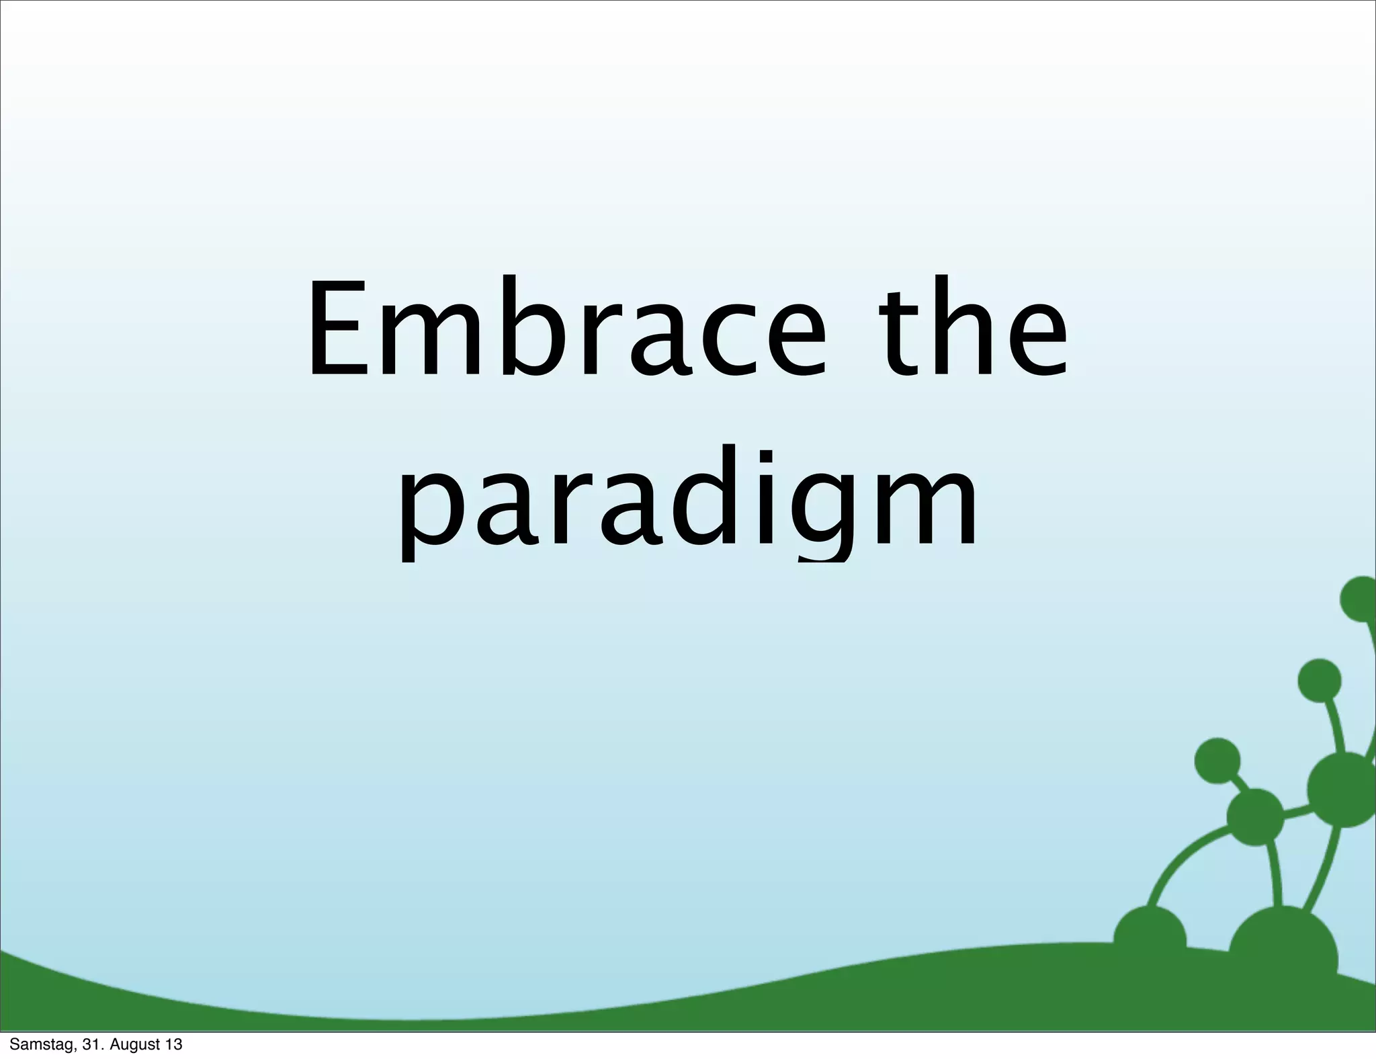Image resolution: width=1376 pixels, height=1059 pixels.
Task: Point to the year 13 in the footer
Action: coord(174,1045)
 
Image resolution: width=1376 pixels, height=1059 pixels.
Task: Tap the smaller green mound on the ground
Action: coord(1150,937)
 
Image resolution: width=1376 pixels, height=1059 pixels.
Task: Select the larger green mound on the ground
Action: coord(1283,944)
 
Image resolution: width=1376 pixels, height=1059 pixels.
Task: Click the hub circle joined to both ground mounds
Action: coord(1255,816)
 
